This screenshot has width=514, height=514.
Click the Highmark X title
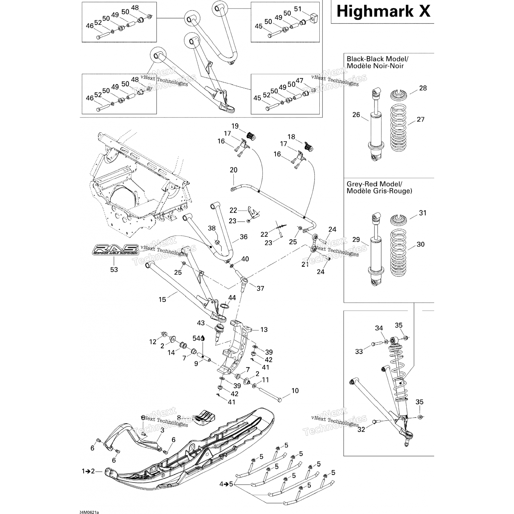point(383,11)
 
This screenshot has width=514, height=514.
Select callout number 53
point(114,270)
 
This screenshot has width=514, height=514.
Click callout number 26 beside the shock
point(356,115)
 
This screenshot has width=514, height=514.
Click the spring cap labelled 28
point(399,94)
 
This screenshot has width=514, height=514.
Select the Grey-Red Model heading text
point(379,187)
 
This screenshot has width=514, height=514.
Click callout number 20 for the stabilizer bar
point(234,170)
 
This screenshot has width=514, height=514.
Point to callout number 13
point(264,330)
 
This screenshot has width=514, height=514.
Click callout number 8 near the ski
point(179,418)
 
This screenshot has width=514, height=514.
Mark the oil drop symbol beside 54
point(203,338)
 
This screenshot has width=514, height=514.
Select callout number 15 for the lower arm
point(162,300)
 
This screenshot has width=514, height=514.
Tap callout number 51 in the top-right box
point(298,9)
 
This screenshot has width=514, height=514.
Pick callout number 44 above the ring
point(232,298)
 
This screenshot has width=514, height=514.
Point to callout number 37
point(260,289)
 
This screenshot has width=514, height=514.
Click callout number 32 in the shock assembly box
point(361,429)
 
